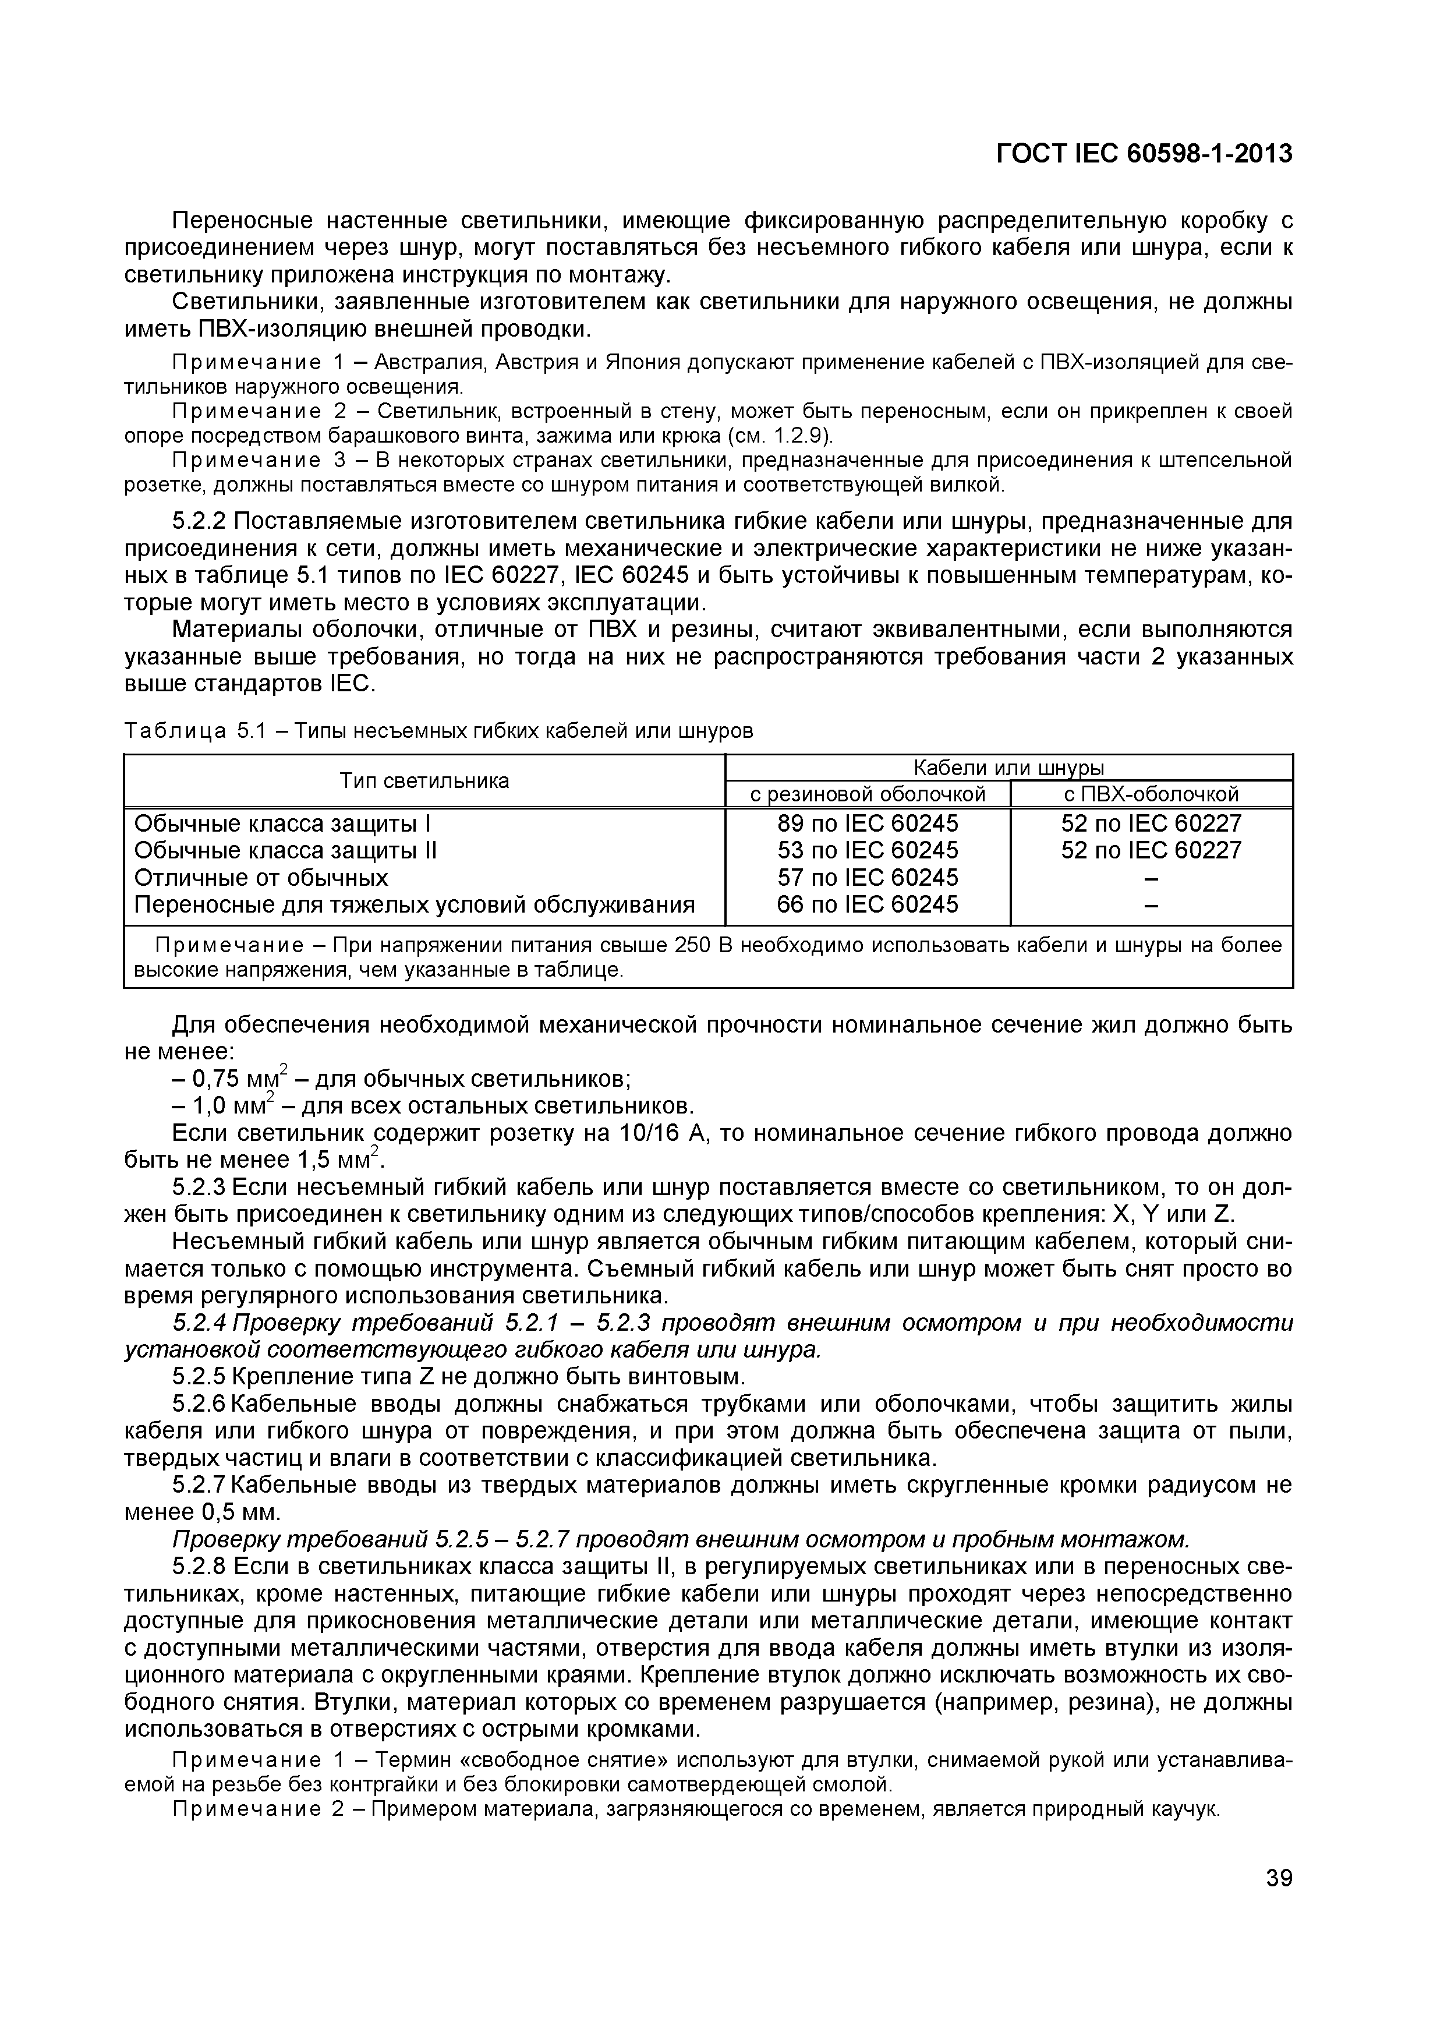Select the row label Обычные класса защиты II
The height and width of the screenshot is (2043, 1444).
[x=285, y=851]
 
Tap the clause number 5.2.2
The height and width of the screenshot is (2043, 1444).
[x=200, y=521]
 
